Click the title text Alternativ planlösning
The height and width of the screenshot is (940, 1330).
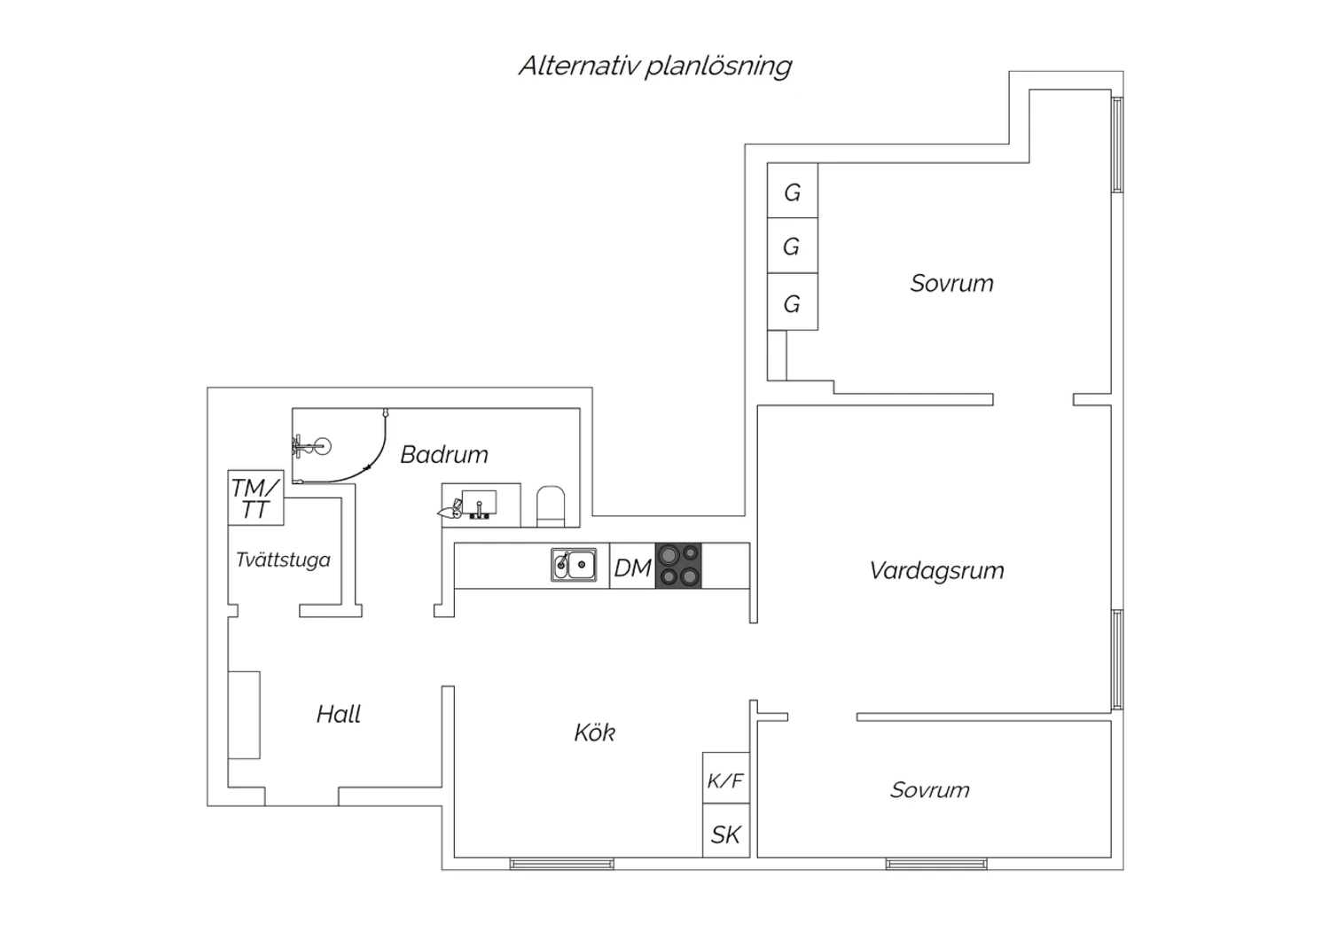(655, 67)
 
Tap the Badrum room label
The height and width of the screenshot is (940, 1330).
(444, 455)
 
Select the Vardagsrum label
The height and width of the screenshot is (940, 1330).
(937, 571)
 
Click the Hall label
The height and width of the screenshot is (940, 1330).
(339, 715)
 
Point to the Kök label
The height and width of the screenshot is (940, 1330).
(594, 732)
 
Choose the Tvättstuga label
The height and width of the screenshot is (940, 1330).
(283, 560)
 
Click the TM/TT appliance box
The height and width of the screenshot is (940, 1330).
(256, 497)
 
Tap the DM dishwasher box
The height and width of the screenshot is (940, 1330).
(632, 566)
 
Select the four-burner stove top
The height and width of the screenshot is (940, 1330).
(678, 566)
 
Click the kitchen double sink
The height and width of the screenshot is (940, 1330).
(574, 564)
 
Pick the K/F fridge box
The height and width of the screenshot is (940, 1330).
(726, 778)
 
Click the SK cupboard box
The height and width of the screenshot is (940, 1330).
(726, 831)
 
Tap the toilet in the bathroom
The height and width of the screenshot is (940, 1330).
(551, 506)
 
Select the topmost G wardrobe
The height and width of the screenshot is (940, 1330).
(793, 191)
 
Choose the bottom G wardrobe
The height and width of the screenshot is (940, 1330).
(793, 302)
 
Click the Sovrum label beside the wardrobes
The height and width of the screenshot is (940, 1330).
(951, 283)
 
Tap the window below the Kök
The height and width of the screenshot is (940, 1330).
(561, 864)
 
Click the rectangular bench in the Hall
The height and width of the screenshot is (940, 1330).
(244, 715)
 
